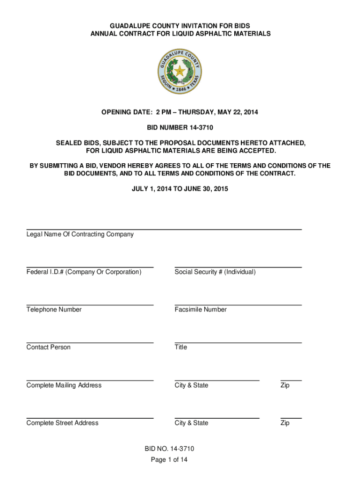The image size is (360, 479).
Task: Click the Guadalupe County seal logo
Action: click(180, 72)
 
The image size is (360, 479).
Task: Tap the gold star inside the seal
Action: click(180, 71)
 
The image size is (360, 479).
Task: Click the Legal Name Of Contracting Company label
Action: click(80, 234)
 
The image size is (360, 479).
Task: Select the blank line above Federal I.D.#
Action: click(90, 267)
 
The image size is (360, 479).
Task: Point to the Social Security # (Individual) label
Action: click(215, 272)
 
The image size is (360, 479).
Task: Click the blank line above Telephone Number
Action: click(90, 305)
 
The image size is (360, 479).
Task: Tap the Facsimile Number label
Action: click(201, 310)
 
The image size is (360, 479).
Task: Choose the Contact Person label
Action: click(49, 347)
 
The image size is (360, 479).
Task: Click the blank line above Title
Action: click(238, 342)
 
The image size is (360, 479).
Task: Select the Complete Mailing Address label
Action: click(64, 385)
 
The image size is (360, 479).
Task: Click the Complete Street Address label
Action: click(63, 423)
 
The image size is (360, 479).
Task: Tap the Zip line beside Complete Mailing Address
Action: click(291, 380)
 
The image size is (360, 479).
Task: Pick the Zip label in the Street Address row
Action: click(285, 423)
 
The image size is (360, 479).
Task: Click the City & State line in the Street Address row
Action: click(217, 418)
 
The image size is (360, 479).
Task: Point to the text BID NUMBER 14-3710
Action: click(180, 127)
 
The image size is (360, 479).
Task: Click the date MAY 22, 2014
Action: click(238, 112)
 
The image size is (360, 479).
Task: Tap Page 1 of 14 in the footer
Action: click(169, 460)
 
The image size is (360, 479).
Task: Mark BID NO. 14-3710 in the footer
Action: click(169, 449)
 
